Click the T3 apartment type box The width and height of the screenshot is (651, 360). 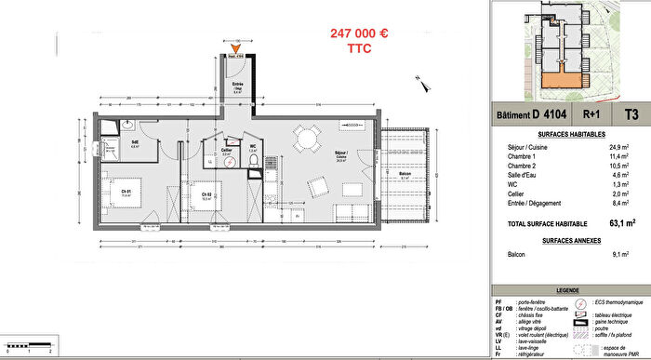coord(631,115)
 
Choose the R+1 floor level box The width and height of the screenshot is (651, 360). coord(591,115)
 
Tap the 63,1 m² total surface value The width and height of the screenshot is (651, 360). coord(622,223)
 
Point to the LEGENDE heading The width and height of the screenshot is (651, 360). coord(567,290)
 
